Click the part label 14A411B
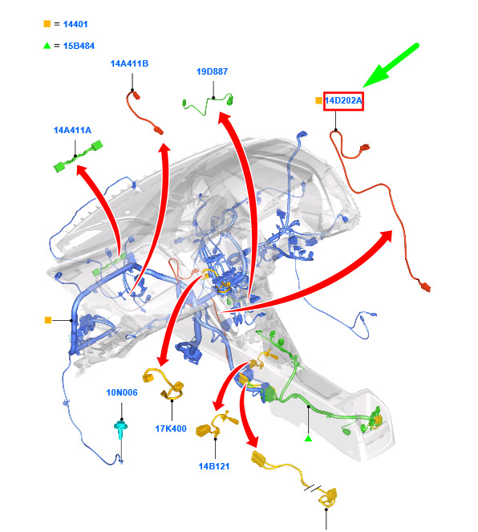pyautogui.click(x=129, y=63)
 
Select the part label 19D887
pyautogui.click(x=213, y=71)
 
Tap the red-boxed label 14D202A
pyautogui.click(x=343, y=101)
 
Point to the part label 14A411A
pyautogui.click(x=72, y=130)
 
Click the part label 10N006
pyautogui.click(x=122, y=392)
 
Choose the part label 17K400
pyautogui.click(x=171, y=428)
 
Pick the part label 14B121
pyautogui.click(x=214, y=466)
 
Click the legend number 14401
pyautogui.click(x=75, y=24)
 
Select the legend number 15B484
pyautogui.click(x=79, y=46)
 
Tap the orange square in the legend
pyautogui.click(x=47, y=24)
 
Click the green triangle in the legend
pyautogui.click(x=47, y=46)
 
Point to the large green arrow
pyautogui.click(x=391, y=65)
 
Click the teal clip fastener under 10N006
pyautogui.click(x=120, y=429)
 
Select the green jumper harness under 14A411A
pyautogui.click(x=79, y=156)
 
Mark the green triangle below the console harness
pyautogui.click(x=308, y=438)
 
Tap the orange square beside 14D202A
pyautogui.click(x=318, y=100)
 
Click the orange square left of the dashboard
pyautogui.click(x=48, y=320)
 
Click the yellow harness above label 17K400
pyautogui.click(x=164, y=384)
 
